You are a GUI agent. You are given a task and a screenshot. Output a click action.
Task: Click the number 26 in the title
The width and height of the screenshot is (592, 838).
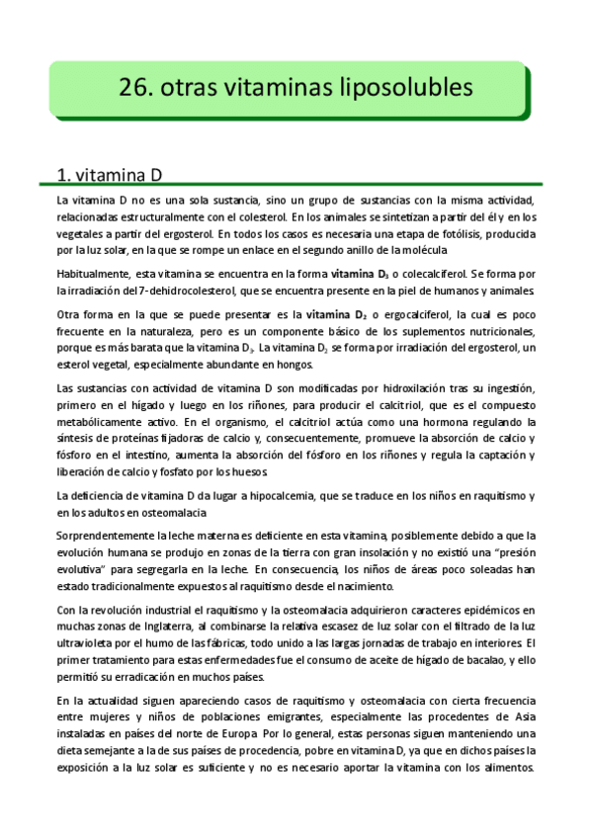131,87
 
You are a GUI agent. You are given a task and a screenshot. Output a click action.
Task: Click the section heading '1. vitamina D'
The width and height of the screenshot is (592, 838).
109,176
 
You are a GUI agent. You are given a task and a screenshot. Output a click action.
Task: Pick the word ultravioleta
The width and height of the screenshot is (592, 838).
87,642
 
